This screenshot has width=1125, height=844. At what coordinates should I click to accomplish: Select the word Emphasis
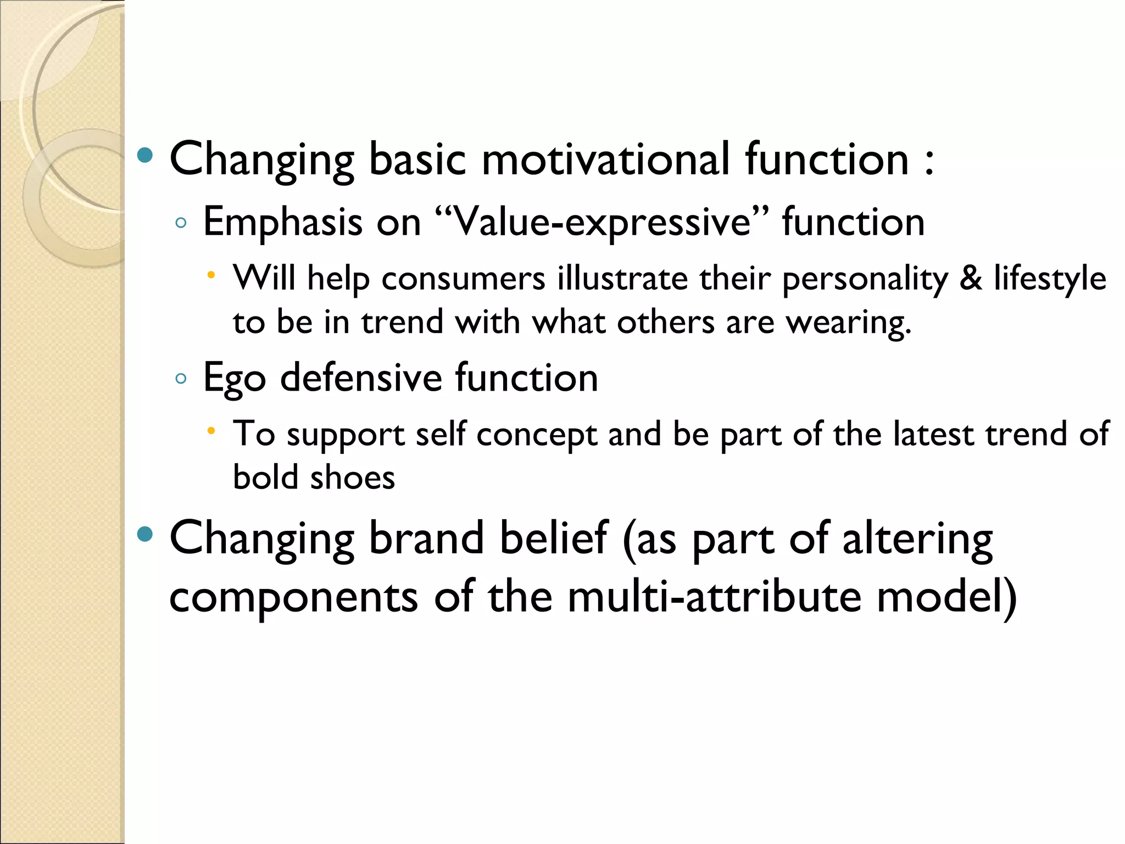coord(283,223)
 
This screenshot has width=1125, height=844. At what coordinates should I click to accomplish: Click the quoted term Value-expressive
coord(602,223)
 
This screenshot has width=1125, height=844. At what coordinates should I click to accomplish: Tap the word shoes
coord(352,477)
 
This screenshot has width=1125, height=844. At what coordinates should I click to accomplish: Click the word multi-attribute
coord(715,597)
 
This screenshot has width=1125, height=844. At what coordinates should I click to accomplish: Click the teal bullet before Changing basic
coord(145,156)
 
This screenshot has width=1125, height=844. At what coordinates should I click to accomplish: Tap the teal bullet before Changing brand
coord(145,535)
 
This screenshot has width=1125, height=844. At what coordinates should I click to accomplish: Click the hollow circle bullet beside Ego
coord(181,378)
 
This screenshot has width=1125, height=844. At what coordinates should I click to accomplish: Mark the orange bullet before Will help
coord(211,274)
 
